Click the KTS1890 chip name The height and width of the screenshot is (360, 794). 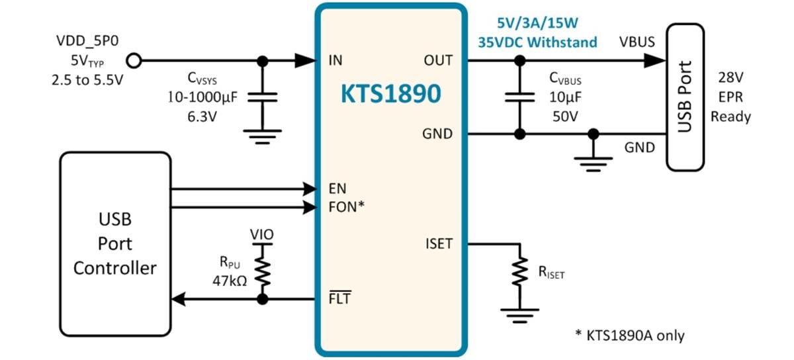[390, 95]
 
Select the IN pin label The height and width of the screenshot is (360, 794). [335, 61]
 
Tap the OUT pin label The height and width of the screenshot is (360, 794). [438, 61]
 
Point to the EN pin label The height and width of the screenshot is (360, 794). [337, 189]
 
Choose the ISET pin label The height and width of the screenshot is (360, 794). [438, 244]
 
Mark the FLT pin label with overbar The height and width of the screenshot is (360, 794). [339, 299]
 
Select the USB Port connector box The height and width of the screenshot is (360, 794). [685, 97]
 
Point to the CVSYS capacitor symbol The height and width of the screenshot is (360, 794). [263, 97]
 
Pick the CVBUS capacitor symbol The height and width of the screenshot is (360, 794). [520, 97]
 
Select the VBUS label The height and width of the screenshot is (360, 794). [637, 42]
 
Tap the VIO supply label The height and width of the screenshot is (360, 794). [262, 234]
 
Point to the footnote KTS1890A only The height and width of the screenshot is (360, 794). [628, 336]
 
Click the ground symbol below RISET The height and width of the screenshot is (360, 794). [520, 314]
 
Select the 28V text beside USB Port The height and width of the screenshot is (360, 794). [730, 77]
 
